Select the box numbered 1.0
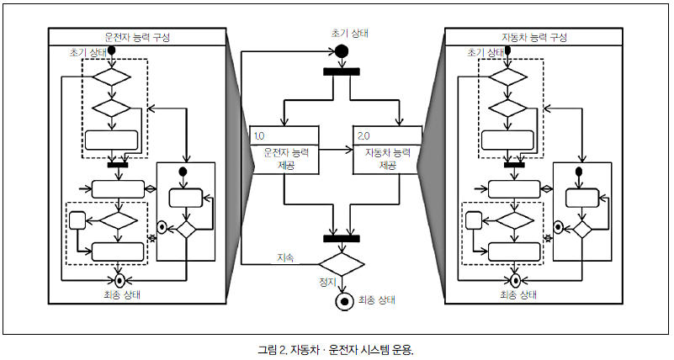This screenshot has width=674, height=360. (x=285, y=150)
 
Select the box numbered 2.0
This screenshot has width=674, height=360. (x=386, y=150)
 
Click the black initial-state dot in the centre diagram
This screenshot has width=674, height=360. (x=342, y=50)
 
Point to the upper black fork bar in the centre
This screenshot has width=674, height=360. (x=342, y=70)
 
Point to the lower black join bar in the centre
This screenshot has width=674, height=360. (x=342, y=238)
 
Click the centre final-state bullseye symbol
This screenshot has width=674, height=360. (x=342, y=301)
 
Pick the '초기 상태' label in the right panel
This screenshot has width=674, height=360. (x=483, y=52)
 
